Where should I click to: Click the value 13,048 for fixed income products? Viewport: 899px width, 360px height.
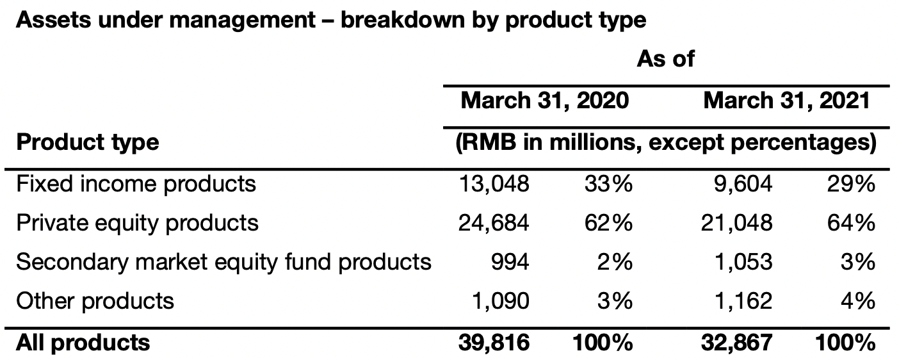pyautogui.click(x=494, y=184)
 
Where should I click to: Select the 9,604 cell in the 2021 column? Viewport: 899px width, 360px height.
pyautogui.click(x=743, y=184)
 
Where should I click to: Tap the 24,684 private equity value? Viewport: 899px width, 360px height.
pyautogui.click(x=494, y=223)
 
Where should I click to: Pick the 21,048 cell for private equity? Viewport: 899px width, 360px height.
pyautogui.click(x=737, y=223)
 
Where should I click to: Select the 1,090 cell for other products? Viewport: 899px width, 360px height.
pyautogui.click(x=501, y=300)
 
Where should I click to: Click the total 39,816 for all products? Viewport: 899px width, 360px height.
pyautogui.click(x=494, y=343)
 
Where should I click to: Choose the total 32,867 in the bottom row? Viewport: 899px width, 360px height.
pyautogui.click(x=737, y=343)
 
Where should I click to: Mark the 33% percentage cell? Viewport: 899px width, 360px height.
pyautogui.click(x=608, y=184)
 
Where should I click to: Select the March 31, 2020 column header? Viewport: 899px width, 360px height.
pyautogui.click(x=544, y=101)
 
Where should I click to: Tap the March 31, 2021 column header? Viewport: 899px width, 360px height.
pyautogui.click(x=787, y=101)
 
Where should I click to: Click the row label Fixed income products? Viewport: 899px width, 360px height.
pyautogui.click(x=136, y=184)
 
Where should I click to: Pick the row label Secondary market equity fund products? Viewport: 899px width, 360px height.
pyautogui.click(x=223, y=262)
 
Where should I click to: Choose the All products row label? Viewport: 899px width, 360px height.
pyautogui.click(x=83, y=343)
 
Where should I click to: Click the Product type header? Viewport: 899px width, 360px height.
pyautogui.click(x=87, y=142)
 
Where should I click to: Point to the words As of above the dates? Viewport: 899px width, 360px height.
pyautogui.click(x=665, y=59)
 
